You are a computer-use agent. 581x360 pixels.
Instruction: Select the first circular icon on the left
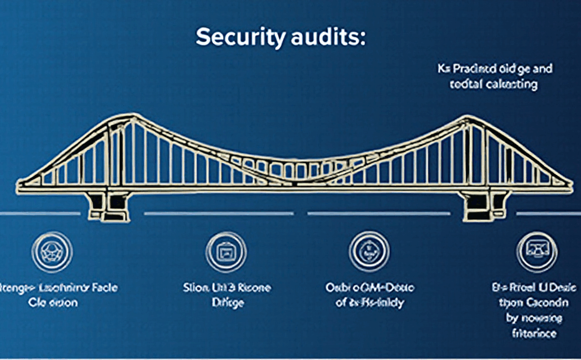click(52, 252)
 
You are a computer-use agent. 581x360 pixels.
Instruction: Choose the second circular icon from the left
click(226, 252)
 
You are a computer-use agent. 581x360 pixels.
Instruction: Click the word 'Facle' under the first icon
click(104, 288)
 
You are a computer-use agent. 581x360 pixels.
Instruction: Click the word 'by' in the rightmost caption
click(512, 318)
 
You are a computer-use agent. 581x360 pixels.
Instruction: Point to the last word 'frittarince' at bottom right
click(535, 334)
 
